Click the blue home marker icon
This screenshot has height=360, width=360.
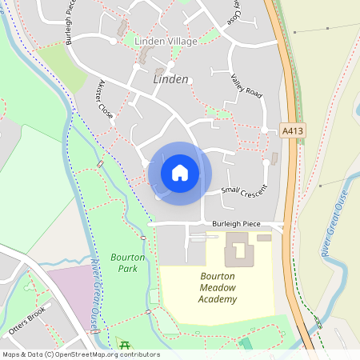tap(180, 173)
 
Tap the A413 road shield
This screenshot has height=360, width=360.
tap(294, 129)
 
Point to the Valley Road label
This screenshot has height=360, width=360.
tap(246, 86)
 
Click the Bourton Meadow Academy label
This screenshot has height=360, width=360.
tap(218, 287)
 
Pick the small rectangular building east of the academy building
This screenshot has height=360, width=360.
tap(264, 238)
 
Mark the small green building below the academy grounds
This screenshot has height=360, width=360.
tap(245, 343)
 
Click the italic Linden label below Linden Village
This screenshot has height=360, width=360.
tap(170, 79)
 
